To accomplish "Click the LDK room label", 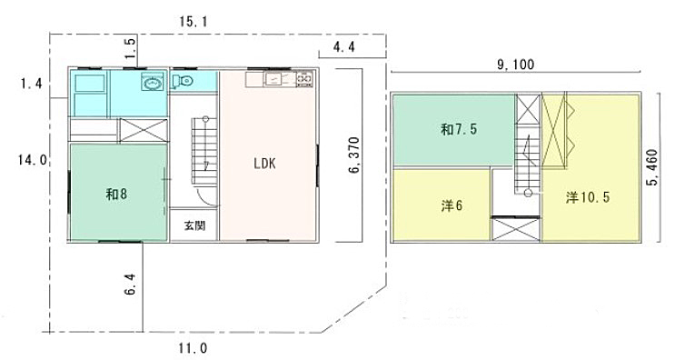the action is [x=264, y=164].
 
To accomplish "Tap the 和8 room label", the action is [x=116, y=195].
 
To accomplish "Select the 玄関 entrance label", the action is [x=194, y=225].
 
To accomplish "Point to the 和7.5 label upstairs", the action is [x=459, y=129].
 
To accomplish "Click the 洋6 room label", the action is [x=452, y=205].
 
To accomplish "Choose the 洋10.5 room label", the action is [x=588, y=197].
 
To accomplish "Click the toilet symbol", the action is [x=182, y=81].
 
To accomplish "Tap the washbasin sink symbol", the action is [x=153, y=82].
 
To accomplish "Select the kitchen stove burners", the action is [x=304, y=79].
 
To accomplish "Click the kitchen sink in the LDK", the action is [x=274, y=80].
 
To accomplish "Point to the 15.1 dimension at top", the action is [x=194, y=22].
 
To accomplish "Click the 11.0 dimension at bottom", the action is [x=194, y=348].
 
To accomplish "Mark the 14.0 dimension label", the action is [x=33, y=160].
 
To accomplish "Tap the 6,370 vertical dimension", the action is [x=354, y=155].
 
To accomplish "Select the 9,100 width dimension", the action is [x=516, y=65].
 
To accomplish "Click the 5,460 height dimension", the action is [x=651, y=167].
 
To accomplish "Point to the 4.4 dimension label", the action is [x=344, y=46].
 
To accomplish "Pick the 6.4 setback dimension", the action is [x=131, y=285].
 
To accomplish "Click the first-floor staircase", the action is [x=204, y=152].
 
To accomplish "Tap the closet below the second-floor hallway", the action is [x=516, y=229].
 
